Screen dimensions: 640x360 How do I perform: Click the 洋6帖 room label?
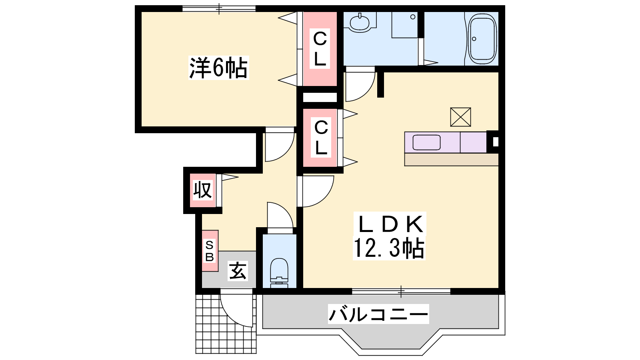tap(218, 68)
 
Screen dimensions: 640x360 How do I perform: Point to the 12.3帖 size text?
tap(389, 248)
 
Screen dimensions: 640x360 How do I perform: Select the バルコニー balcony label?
tap(378, 314)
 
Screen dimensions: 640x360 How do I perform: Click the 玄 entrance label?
tap(238, 271)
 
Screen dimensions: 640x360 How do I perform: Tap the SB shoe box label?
tap(210, 251)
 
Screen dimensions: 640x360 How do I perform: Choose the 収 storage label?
tap(202, 190)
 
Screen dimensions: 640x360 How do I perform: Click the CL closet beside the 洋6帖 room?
tap(320, 48)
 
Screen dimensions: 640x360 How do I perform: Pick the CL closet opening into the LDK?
tap(320, 138)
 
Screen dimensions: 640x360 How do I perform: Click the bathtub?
tap(482, 39)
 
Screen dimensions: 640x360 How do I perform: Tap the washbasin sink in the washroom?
tap(360, 22)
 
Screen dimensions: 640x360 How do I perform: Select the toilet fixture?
tap(279, 273)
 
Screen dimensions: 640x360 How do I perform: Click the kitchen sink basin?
tap(426, 142)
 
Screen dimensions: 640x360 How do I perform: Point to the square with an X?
tap(460, 117)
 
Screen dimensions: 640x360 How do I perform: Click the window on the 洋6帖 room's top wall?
tap(219, 8)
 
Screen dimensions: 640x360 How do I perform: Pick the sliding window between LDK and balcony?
tap(401, 292)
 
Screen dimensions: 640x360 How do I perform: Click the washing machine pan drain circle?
tap(413, 17)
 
